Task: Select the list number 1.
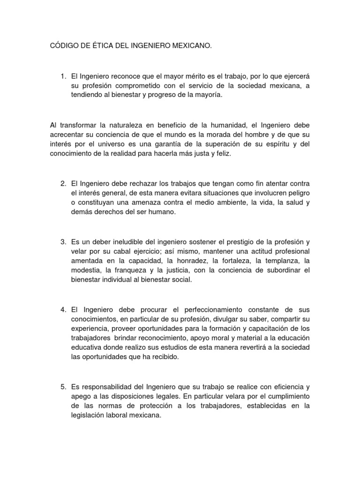(x=63, y=75)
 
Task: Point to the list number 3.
(x=63, y=242)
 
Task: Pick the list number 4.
(x=63, y=310)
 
